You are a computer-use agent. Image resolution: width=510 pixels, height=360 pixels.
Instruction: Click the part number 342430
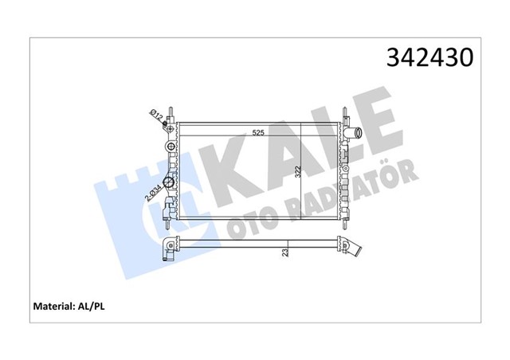click(430, 58)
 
